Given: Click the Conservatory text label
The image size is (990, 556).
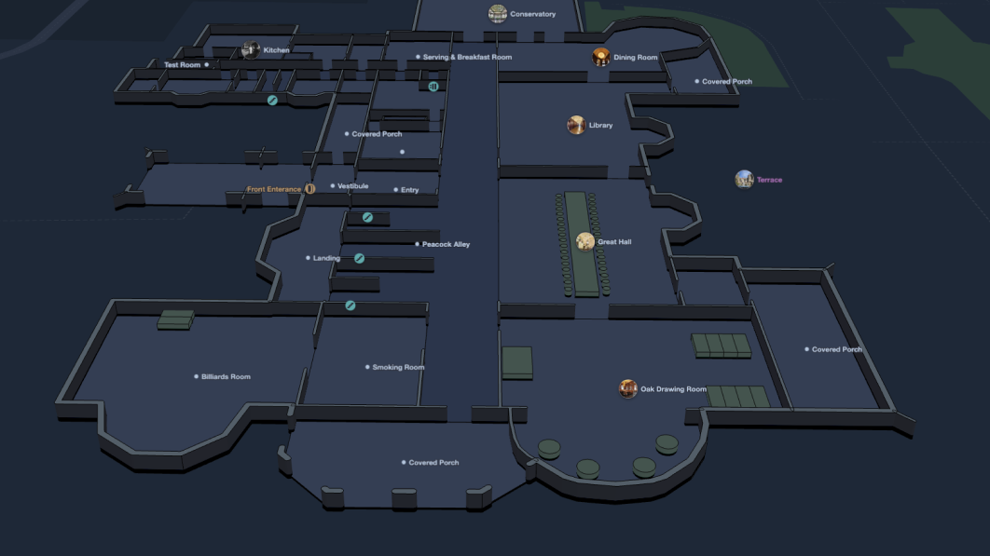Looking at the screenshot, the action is coord(532,14).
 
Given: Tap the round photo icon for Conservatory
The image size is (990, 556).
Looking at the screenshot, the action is coord(498,13).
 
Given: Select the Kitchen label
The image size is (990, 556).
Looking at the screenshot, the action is coord(276,50).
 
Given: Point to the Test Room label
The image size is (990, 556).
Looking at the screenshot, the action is coord(183,65).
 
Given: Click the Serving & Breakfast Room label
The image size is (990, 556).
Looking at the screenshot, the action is coord(467,58).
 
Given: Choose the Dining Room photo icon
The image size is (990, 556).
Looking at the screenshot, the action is coord(601,57).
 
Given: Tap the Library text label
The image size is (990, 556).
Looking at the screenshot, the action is coord(600,125).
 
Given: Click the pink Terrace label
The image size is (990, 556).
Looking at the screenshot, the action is coord(769,180).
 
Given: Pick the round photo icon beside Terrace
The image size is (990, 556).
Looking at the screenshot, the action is coord(744,179).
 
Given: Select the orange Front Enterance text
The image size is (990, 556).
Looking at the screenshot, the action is coord(274,189).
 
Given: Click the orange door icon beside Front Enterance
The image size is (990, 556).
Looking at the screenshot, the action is coord(310,189).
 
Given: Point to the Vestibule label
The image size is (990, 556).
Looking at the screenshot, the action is coord(352,186).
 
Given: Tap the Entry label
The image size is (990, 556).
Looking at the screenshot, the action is coord(409,190).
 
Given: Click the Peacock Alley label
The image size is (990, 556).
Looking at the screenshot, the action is coord(446,244).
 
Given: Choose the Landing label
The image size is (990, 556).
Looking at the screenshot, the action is coord(326,258).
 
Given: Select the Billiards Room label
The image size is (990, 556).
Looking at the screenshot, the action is coord(226,377).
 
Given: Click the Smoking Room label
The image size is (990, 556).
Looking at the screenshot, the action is coord(398,367).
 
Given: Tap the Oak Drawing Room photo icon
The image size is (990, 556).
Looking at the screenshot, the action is coord(628,388).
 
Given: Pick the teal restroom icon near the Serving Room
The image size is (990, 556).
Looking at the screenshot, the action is coord(433,87).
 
